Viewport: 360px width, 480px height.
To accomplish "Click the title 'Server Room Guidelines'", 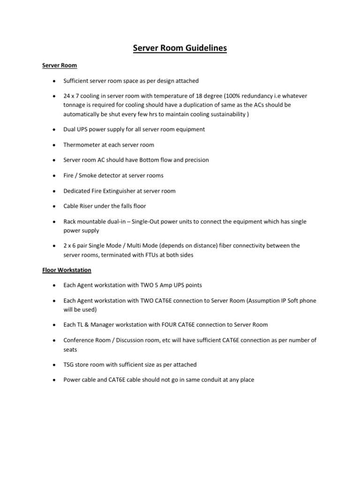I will point(180,48).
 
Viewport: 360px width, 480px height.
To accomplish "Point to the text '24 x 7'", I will point(72,96).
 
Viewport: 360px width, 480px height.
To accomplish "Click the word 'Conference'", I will point(79,340).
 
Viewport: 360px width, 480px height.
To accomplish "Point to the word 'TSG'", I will point(69,364).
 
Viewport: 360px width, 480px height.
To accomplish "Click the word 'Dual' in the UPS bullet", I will point(70,129).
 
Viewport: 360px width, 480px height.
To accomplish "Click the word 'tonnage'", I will point(76,105).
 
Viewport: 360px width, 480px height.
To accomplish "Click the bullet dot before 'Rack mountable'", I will point(54,221).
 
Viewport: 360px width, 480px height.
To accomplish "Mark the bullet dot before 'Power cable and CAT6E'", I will point(54,380).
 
